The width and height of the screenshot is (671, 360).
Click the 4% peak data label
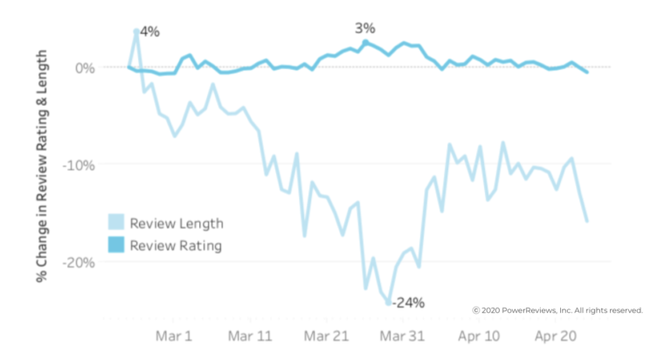tap(149, 31)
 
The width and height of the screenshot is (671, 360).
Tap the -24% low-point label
tap(408, 303)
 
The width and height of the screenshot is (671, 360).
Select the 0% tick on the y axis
tap(86, 67)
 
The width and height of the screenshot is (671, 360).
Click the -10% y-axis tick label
tap(80, 164)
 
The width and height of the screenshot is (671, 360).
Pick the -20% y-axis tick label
tap(80, 262)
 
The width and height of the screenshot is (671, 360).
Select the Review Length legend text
tap(176, 223)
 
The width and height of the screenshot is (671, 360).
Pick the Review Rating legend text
tap(176, 246)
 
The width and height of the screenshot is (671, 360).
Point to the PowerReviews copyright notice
tap(557, 310)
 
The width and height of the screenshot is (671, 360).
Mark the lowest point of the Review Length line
tap(388, 303)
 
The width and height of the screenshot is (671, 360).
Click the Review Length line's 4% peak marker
tap(136, 31)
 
